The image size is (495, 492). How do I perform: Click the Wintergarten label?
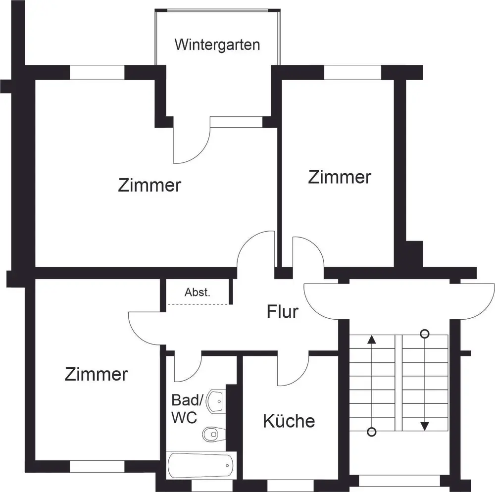[217, 45]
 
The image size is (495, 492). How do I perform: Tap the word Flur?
[283, 312]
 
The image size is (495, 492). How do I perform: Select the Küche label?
[289, 421]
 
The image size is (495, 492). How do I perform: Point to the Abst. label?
[198, 292]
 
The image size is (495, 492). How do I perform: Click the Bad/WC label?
[184, 408]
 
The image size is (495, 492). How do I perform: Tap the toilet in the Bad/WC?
[212, 434]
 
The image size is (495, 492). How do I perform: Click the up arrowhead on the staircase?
[372, 340]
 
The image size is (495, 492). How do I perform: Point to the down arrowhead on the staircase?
[424, 426]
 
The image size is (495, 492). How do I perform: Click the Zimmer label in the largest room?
[149, 186]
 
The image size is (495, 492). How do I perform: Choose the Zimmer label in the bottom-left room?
[96, 374]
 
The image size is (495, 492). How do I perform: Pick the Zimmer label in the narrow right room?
[340, 177]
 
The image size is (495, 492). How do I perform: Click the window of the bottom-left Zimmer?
[97, 466]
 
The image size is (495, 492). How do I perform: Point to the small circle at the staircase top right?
[424, 333]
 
